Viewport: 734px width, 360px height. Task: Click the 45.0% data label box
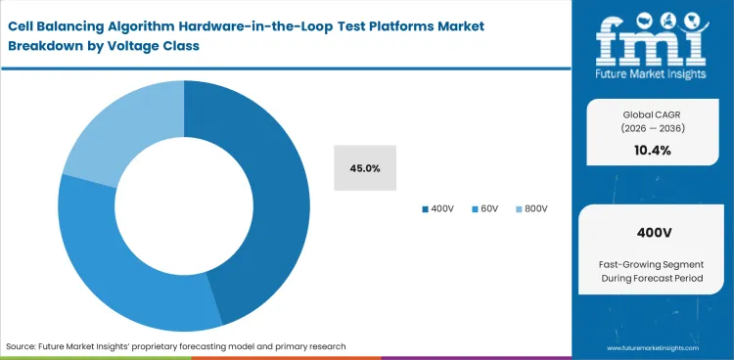point(364,168)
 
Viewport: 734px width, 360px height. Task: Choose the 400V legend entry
point(437,208)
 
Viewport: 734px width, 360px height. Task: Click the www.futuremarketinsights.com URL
point(654,346)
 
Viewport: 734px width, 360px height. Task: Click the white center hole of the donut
point(184,206)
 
